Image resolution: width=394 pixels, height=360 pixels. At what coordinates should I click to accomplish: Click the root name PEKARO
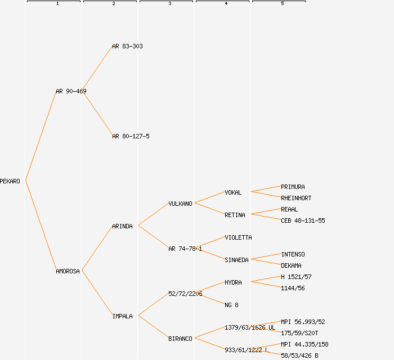pos(10,181)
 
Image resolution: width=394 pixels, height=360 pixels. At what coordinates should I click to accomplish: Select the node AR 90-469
pos(71,91)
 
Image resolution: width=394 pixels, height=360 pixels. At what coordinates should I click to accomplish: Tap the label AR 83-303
pos(127,46)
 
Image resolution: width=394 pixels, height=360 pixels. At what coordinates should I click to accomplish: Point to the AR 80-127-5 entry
pos(131,136)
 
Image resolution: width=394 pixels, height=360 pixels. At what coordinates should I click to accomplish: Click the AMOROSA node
pos(68,271)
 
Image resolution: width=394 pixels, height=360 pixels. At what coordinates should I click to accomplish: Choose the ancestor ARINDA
pos(122,226)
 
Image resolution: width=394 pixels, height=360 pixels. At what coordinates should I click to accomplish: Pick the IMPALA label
pos(122,316)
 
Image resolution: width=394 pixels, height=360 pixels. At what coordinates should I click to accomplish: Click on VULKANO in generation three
pos(180,204)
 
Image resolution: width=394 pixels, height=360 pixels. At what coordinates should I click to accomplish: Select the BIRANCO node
pos(180,339)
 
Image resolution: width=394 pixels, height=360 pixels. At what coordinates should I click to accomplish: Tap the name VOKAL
pos(233,192)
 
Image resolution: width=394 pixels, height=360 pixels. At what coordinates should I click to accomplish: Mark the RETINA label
pos(235,215)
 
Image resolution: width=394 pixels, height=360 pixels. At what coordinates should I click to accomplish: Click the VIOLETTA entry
pos(238,237)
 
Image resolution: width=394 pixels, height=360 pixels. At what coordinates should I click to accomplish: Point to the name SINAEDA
pos(236,260)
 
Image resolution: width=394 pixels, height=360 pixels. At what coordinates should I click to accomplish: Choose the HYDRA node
pos(233,282)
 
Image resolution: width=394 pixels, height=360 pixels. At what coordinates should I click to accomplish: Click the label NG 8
pos(231,305)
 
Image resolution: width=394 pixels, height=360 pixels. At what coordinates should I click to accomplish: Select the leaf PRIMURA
pos(293,187)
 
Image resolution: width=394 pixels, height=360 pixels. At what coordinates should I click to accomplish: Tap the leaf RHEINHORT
pos(296,198)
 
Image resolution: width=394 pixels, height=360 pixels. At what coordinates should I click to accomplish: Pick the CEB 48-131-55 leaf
pos(303,220)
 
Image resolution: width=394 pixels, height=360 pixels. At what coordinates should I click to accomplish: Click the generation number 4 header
pos(226,4)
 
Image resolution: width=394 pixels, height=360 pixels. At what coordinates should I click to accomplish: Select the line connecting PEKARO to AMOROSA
pos(41,226)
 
